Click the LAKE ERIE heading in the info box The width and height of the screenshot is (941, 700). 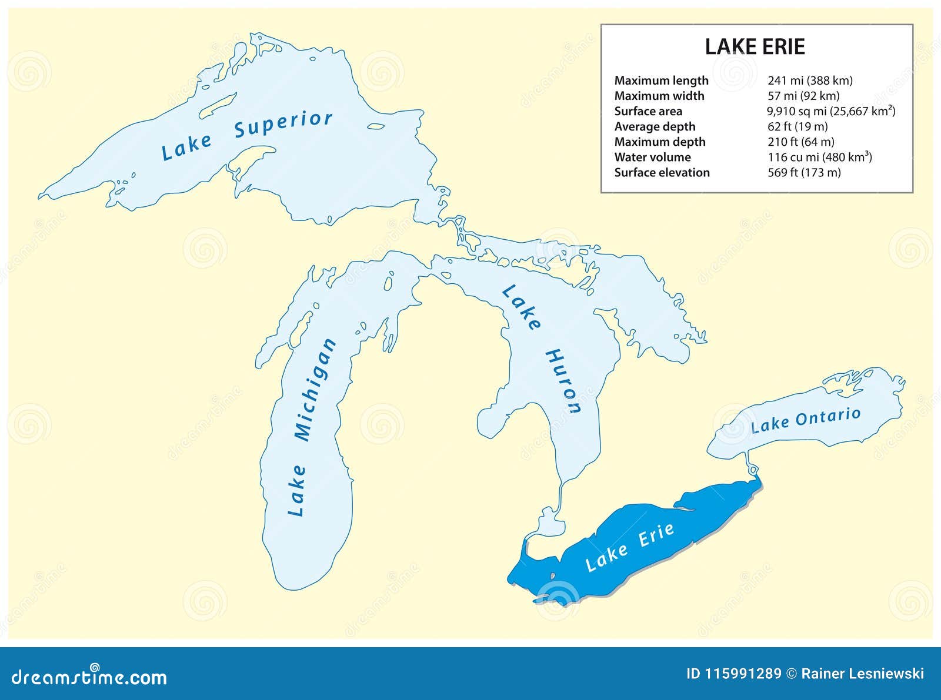coord(755,47)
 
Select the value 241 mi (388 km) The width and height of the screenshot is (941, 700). coord(810,81)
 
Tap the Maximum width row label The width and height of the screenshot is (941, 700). coord(659,96)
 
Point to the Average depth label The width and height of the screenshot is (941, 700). coord(655,126)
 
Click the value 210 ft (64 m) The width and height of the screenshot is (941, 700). coord(800,142)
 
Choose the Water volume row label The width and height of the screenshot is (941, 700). coord(652,157)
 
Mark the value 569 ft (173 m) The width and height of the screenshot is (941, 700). coord(804,172)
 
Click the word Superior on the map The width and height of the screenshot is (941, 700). coord(283,125)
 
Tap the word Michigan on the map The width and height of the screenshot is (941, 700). coord(315,390)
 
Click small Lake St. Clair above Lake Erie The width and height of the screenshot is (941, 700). coord(550,523)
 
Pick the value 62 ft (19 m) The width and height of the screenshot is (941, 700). coord(797,126)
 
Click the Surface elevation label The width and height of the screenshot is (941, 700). coord(662,172)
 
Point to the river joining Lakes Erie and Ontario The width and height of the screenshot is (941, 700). coord(751,465)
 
